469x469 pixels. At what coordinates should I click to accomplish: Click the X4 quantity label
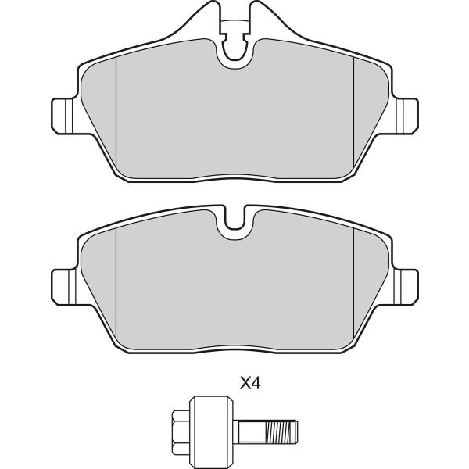click(x=250, y=384)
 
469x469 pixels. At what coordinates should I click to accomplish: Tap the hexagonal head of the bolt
click(x=181, y=424)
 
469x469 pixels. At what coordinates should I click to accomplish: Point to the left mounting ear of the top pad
click(x=63, y=116)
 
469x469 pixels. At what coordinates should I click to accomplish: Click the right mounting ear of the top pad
click(x=406, y=116)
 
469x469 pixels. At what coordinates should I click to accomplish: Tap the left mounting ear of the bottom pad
click(x=63, y=287)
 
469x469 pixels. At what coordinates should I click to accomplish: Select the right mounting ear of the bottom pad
click(x=406, y=287)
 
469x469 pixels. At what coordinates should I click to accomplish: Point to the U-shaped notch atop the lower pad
click(x=234, y=220)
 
